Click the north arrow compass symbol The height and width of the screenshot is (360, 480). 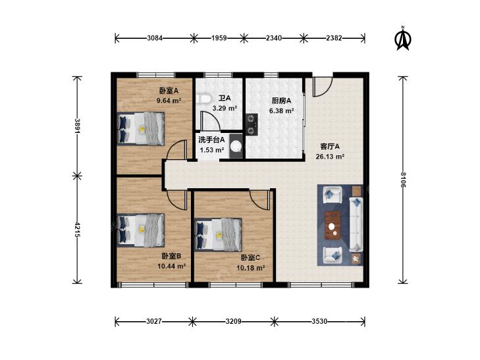coord(403,38)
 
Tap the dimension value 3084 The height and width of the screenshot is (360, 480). coord(155,38)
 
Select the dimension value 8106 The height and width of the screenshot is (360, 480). coord(404,180)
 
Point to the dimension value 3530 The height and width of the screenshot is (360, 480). coord(319,321)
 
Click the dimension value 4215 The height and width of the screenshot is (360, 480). coord(78,230)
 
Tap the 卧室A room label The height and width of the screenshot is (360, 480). coord(169,91)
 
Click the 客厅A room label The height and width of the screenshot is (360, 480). coord(330,147)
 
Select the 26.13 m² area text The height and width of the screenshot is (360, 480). coord(330,156)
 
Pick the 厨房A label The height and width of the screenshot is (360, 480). coord(281,101)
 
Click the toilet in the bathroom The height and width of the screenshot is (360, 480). coord(204,99)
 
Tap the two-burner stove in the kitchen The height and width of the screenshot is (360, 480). coord(252,124)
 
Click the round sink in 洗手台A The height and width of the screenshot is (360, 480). coord(236,146)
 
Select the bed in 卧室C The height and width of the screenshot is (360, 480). coord(218,234)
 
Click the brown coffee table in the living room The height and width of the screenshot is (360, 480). coord(333,226)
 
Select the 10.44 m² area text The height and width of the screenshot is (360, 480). coord(172,266)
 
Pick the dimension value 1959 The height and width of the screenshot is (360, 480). coord(219,38)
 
